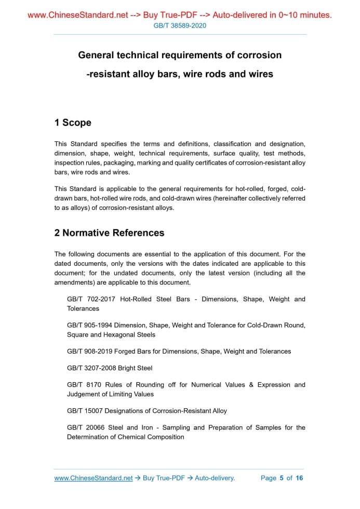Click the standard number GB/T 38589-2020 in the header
[180, 25]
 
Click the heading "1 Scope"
[73, 123]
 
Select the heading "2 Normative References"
[109, 233]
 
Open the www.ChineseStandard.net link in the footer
[94, 478]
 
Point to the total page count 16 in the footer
[299, 478]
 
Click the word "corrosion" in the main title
[256, 55]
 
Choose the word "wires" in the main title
[261, 74]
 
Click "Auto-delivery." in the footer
[215, 478]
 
